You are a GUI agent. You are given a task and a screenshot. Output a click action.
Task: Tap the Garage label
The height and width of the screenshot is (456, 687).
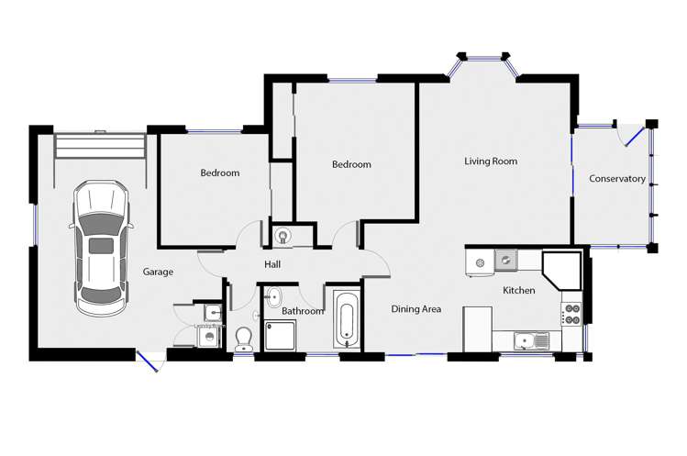click(158, 272)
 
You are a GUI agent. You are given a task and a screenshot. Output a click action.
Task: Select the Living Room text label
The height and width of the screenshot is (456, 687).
click(490, 161)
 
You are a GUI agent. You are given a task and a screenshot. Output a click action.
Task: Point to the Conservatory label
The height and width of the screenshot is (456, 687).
click(616, 179)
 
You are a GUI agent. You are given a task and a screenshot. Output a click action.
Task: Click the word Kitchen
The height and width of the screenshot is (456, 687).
click(518, 290)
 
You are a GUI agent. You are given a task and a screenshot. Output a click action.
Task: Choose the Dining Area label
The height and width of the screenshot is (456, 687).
click(416, 309)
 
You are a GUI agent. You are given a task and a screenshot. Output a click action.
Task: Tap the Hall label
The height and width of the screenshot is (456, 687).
click(272, 264)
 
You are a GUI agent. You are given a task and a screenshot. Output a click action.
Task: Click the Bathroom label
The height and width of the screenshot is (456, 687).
click(303, 311)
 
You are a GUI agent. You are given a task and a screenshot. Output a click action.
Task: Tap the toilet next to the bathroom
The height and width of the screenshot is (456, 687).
click(244, 340)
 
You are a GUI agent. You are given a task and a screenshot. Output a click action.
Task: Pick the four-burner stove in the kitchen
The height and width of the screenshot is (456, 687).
click(571, 314)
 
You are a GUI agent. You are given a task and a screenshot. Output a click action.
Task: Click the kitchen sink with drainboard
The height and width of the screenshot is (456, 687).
click(532, 341)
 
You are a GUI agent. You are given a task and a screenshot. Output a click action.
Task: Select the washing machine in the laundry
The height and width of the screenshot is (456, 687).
click(210, 337)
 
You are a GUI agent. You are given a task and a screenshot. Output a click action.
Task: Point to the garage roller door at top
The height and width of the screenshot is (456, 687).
click(100, 146)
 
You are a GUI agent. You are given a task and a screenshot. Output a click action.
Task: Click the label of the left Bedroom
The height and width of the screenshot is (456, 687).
click(220, 172)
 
